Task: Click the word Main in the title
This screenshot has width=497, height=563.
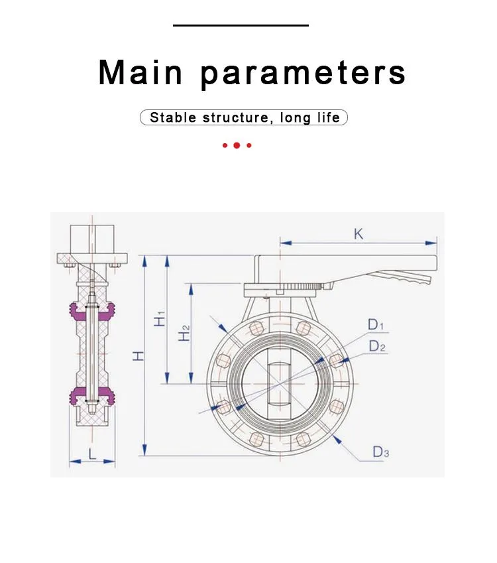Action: [140, 72]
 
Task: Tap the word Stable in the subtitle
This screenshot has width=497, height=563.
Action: [173, 117]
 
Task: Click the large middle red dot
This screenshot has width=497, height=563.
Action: [237, 145]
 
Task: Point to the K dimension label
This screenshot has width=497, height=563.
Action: [358, 234]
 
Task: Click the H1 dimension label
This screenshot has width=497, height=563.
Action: [160, 318]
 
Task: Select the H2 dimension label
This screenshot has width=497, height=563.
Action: [184, 333]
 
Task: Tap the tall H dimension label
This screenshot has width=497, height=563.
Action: [138, 355]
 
